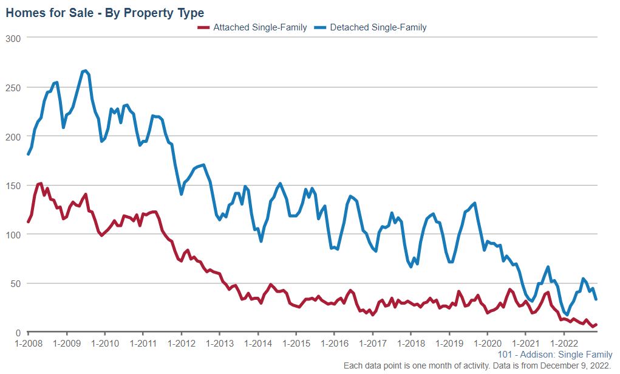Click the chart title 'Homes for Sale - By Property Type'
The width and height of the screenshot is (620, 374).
click(105, 13)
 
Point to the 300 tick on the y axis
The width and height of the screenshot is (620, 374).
click(13, 38)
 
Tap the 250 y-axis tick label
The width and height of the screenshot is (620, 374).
click(13, 88)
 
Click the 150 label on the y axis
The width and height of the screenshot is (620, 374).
click(13, 185)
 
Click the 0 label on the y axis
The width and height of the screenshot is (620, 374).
click(18, 333)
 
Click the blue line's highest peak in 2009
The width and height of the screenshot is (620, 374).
click(85, 71)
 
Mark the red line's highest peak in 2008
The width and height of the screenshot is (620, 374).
click(40, 183)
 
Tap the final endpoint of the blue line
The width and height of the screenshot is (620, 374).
click(596, 299)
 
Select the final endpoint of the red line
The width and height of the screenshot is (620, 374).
click(596, 324)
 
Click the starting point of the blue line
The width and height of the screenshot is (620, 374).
click(29, 154)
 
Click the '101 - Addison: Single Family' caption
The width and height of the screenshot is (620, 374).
click(555, 355)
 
